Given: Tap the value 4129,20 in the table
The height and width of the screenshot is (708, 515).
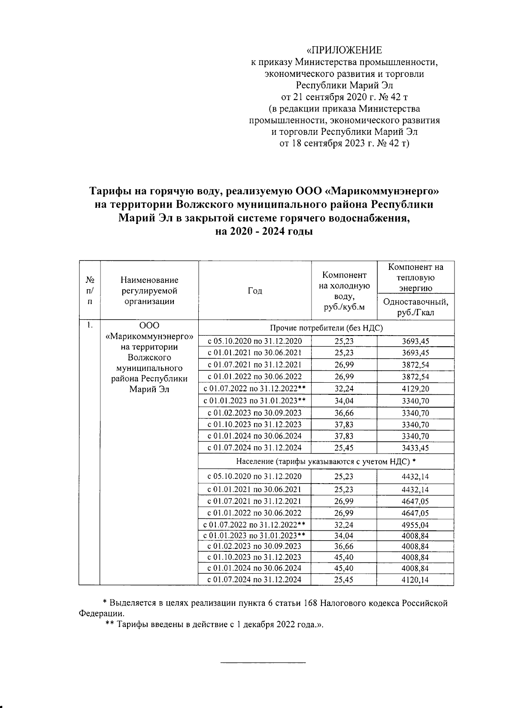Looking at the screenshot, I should (415, 389).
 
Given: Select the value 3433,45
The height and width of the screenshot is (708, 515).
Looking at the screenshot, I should (415, 448).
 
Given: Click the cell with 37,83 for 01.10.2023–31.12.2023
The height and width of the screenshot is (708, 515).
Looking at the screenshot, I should (344, 424).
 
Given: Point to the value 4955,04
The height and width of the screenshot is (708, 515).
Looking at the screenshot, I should (415, 525).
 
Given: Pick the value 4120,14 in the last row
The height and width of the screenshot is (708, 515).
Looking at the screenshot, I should (415, 580).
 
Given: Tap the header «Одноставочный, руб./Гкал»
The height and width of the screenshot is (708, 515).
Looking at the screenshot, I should (415, 307).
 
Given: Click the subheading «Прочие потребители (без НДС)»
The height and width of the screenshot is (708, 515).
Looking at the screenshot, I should (326, 328).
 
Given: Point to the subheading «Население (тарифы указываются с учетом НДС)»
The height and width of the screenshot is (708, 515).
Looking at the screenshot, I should (326, 462).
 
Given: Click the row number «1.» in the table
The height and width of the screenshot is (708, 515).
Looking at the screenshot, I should (89, 325).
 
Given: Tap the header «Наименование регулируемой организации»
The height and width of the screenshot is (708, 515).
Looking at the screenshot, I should (149, 290).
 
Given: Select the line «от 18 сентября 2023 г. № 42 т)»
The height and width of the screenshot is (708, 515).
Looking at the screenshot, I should (344, 143).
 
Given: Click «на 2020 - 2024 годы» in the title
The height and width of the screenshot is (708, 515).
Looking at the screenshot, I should (264, 232).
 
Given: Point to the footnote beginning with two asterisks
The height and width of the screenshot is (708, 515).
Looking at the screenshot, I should (214, 624).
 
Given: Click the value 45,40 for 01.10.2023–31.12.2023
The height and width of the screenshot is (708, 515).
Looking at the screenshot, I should (344, 557).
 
